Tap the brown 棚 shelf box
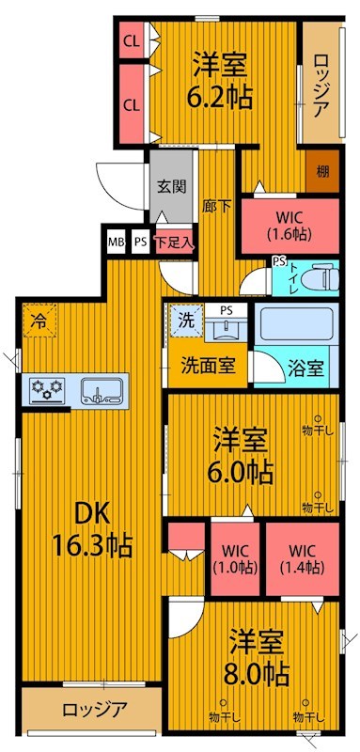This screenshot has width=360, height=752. [x=322, y=171]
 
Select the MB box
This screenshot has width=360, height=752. [x=116, y=242]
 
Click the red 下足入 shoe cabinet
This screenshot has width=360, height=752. [x=175, y=242]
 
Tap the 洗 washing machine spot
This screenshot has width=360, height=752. [x=186, y=320]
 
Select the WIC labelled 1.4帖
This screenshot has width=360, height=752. [x=301, y=558]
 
